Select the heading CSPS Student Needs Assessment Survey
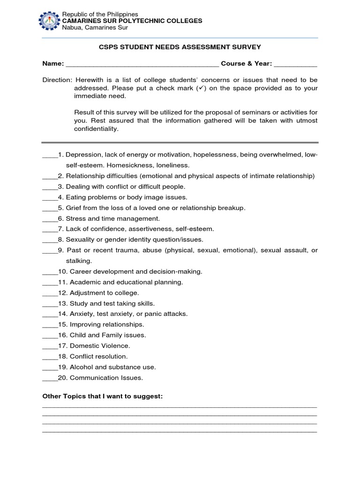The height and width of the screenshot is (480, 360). point(180,47)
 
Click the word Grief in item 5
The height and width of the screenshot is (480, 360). point(75,208)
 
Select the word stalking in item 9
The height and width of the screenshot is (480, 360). point(79,261)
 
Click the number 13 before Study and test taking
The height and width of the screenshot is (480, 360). point(63,303)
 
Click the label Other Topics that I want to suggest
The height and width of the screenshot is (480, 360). point(102,397)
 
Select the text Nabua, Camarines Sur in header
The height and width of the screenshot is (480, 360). point(95,27)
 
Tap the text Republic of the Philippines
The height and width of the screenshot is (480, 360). point(100,15)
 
